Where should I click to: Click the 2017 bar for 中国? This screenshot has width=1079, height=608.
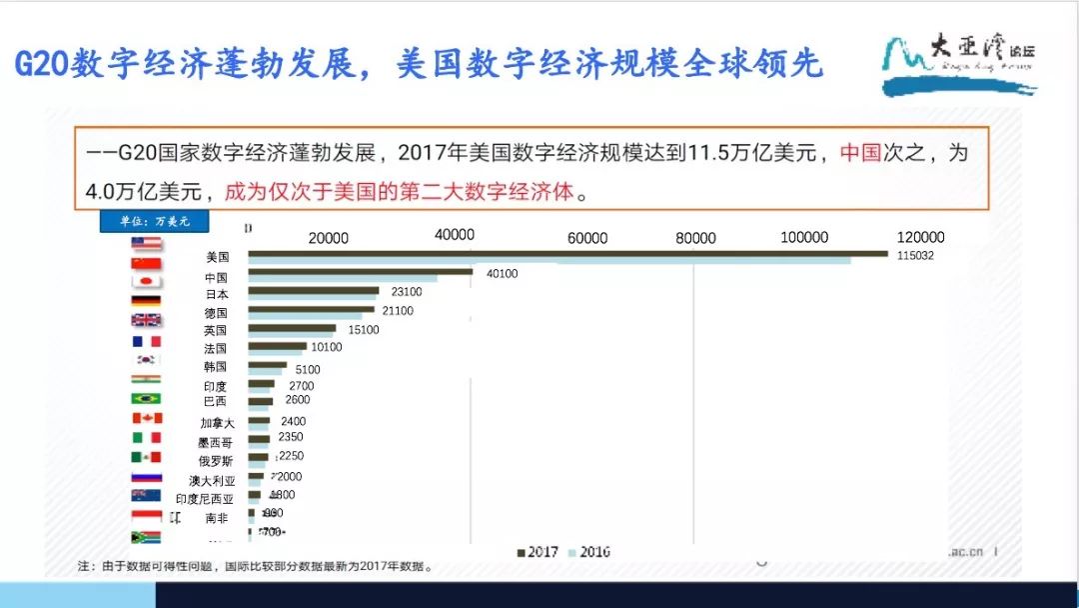(360, 271)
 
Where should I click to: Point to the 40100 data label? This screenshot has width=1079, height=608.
(502, 274)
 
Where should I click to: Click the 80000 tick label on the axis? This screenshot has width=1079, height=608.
(695, 238)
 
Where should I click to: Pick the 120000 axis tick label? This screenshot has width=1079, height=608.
(920, 238)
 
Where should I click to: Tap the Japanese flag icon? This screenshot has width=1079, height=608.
(146, 282)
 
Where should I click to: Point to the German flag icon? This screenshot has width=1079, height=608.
(146, 301)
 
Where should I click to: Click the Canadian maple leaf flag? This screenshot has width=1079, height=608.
(146, 418)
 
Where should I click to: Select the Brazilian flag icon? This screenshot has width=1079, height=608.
(146, 398)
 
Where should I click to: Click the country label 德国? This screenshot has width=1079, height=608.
(216, 313)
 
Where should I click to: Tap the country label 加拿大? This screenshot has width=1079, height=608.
(217, 423)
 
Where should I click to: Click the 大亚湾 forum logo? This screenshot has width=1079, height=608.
(959, 65)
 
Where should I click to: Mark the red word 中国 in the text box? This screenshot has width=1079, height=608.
(860, 153)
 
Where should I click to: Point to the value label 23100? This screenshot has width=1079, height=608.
(407, 292)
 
